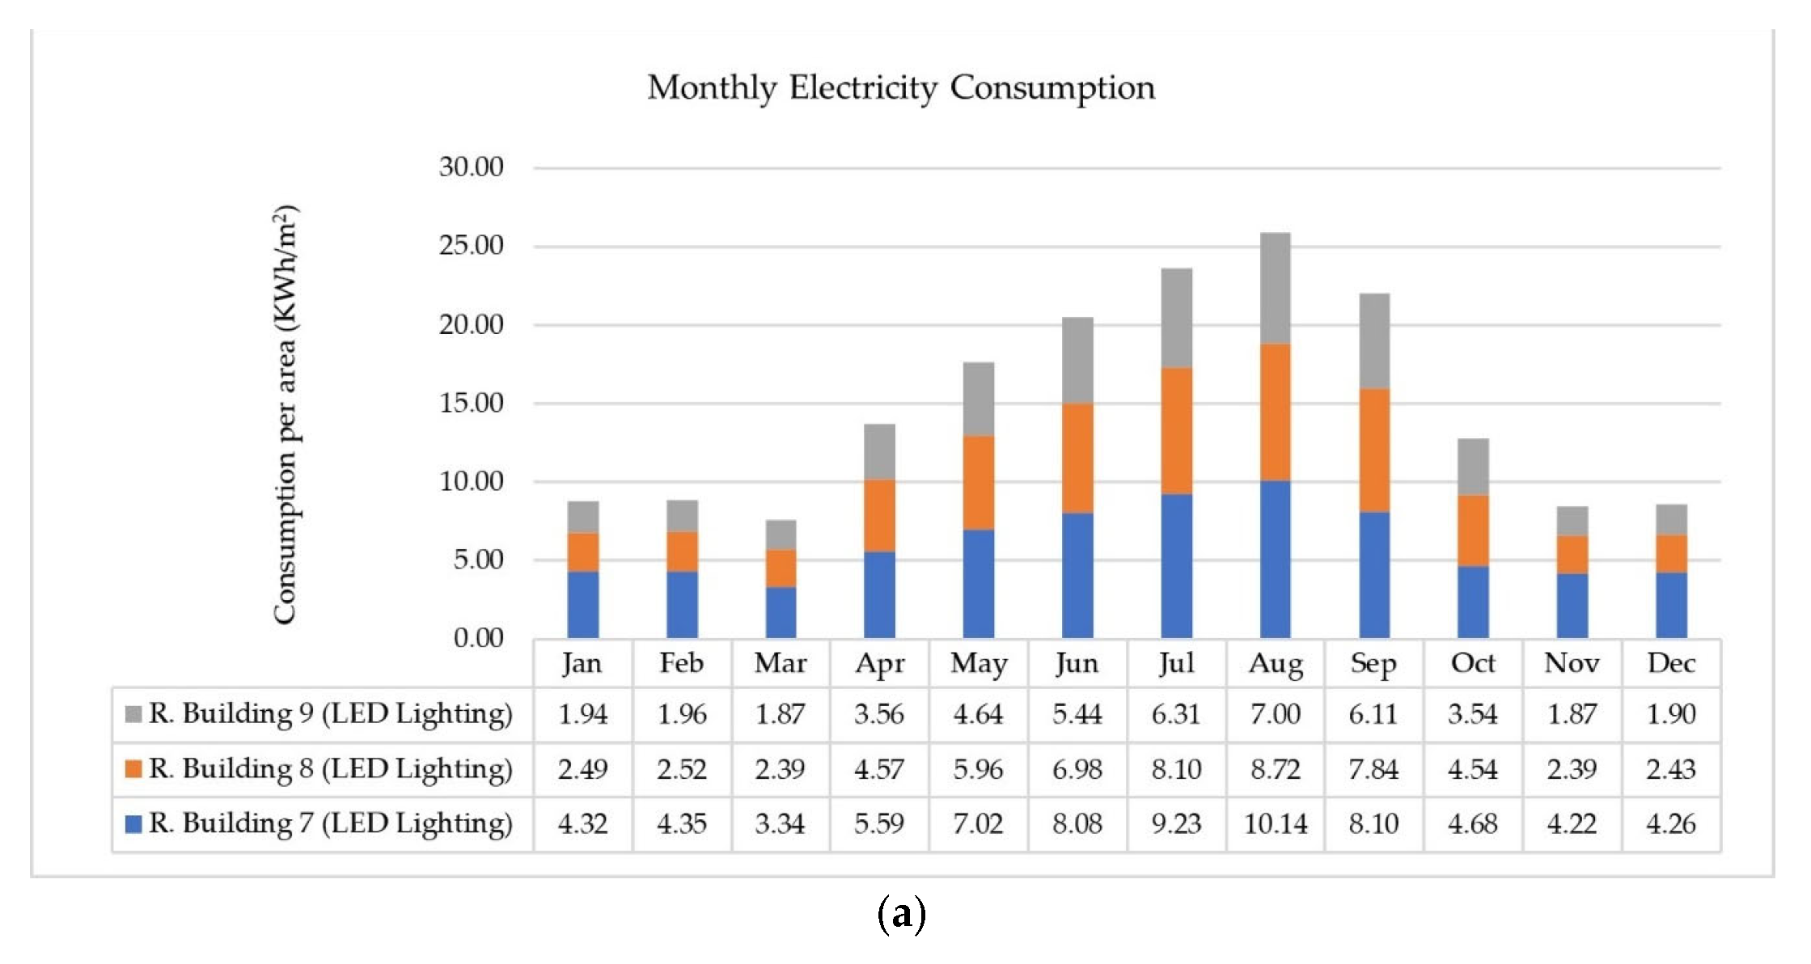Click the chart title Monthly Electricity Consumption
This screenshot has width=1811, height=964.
(901, 88)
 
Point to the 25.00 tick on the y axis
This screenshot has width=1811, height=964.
(471, 245)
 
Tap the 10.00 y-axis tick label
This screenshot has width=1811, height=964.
(471, 481)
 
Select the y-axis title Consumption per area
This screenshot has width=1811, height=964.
(286, 415)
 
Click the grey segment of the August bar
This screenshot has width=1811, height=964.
(1275, 288)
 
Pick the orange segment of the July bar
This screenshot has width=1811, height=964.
(1176, 431)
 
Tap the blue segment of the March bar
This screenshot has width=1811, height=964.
(781, 612)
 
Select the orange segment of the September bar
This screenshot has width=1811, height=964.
(1374, 450)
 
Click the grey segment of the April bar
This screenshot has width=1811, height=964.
(879, 452)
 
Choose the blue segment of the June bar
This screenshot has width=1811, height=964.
(1077, 576)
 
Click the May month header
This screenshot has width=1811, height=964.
(979, 664)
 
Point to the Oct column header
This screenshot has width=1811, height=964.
(1473, 663)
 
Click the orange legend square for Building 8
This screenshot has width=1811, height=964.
(133, 768)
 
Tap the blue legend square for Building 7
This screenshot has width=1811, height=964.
(133, 823)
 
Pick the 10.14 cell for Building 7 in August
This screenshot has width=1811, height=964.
(1276, 824)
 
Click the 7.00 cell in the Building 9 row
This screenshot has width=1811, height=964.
(1276, 714)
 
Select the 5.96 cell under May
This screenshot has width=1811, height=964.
(978, 769)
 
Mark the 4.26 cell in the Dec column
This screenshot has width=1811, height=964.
(1671, 824)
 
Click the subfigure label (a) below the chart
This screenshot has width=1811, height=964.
(901, 915)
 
